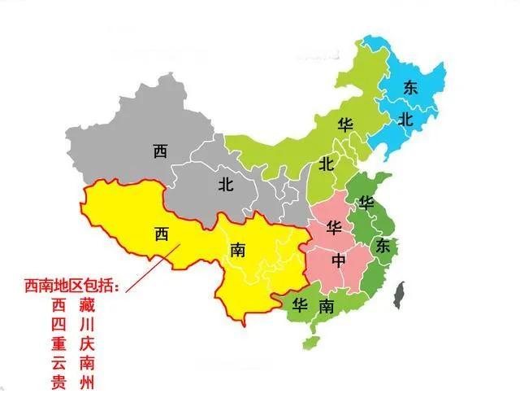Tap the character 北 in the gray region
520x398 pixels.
(x=226, y=184)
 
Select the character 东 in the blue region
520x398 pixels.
(x=410, y=89)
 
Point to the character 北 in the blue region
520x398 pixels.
(x=405, y=119)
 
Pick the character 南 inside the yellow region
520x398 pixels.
(x=237, y=247)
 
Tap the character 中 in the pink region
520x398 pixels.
(x=339, y=261)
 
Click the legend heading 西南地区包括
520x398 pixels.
(x=71, y=287)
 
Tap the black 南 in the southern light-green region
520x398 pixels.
(x=325, y=307)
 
